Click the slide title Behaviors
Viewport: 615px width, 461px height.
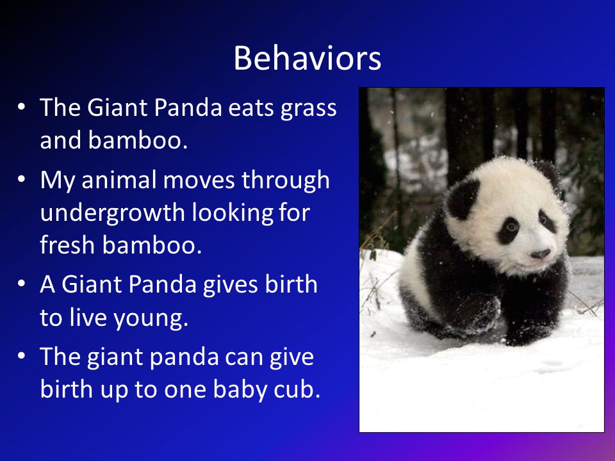tap(307, 58)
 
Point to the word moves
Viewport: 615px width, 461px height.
tap(199, 181)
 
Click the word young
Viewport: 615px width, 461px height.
tap(151, 319)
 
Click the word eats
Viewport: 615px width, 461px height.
tap(251, 108)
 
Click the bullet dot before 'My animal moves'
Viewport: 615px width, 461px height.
tap(22, 179)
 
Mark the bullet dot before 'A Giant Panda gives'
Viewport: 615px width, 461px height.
tap(22, 284)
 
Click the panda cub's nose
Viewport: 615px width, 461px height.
tap(540, 254)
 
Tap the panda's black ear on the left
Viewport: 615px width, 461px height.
tap(463, 198)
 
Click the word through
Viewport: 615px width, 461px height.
tap(285, 181)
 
